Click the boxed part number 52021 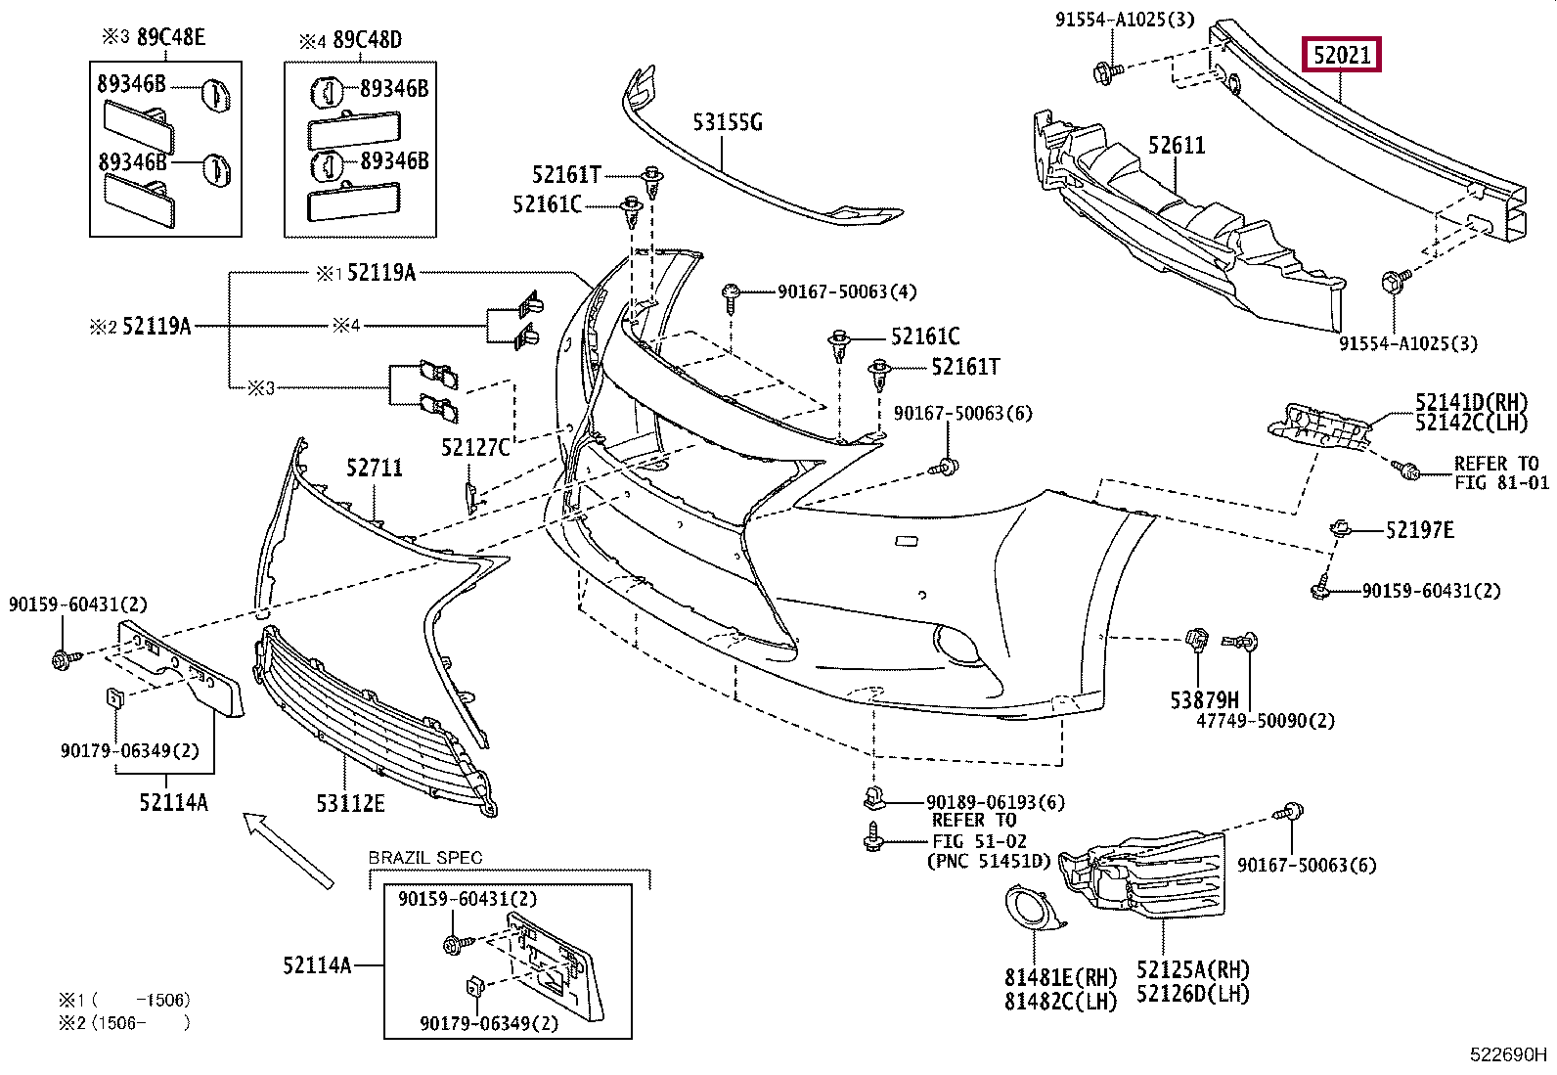[1342, 54]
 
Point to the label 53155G [728, 122]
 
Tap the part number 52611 [1177, 146]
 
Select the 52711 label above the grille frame [375, 468]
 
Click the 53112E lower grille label [350, 804]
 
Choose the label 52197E [1419, 530]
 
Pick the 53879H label [1205, 700]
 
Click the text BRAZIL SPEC [425, 857]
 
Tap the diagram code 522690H [1508, 1054]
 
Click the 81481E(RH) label [1061, 977]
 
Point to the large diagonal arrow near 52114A [289, 850]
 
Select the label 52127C [475, 447]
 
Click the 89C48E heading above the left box [171, 37]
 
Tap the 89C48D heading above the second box [367, 40]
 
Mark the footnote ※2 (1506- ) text [124, 1023]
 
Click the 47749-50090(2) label [1266, 720]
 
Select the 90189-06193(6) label [996, 802]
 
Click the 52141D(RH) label [1472, 402]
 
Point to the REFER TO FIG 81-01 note [1501, 472]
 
